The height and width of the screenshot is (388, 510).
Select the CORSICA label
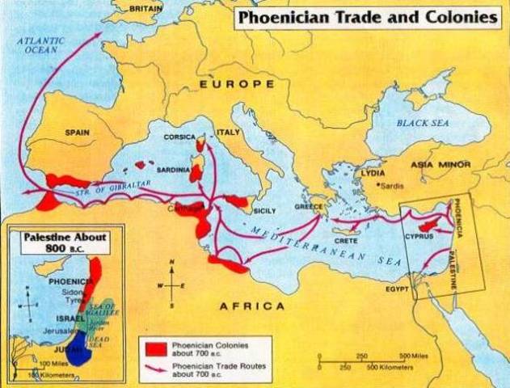tap(179, 137)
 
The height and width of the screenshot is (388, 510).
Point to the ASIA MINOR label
tap(440, 165)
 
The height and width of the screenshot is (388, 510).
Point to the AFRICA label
tap(252, 306)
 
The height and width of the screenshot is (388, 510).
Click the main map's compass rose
tap(171, 285)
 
